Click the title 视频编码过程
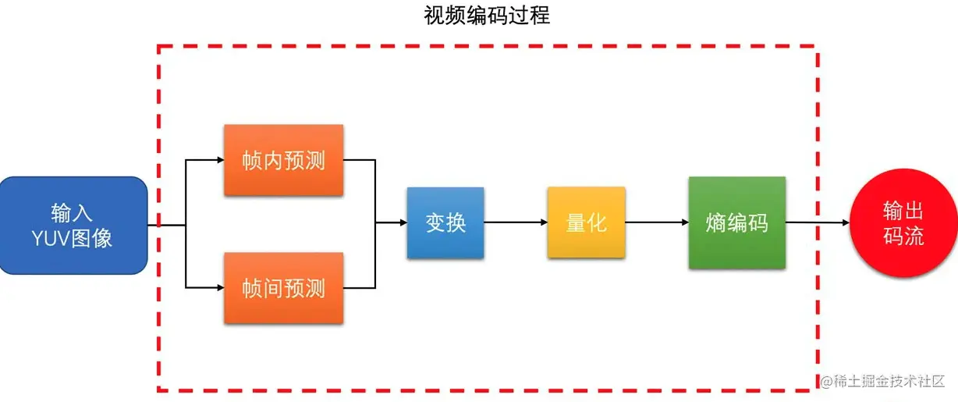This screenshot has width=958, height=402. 487,15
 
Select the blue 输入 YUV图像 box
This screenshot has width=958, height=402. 73,225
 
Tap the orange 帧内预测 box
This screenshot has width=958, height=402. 283,161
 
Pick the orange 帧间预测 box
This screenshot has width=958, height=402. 283,288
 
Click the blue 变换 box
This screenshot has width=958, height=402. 445,222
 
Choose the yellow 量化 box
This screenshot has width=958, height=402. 586,222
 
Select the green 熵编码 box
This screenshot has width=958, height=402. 736,222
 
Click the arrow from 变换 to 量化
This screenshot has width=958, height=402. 516,222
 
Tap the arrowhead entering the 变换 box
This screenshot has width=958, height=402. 402,222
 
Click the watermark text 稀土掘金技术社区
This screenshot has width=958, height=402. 889,381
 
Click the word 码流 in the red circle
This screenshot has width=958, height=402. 903,236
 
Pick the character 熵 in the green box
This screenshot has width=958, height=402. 716,223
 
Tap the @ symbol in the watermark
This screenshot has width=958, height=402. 826,381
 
